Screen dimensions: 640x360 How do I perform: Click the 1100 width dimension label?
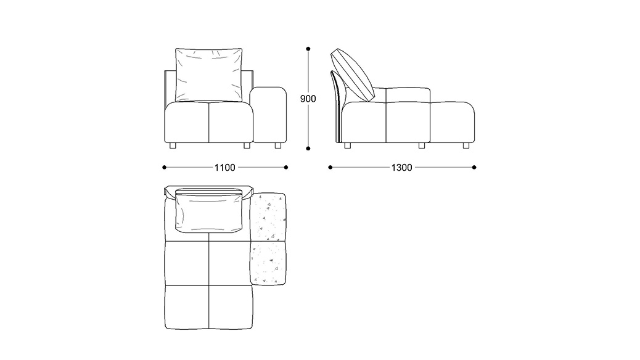point(225,167)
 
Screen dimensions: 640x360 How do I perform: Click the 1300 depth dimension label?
point(401,167)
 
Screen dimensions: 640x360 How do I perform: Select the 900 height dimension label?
point(308,99)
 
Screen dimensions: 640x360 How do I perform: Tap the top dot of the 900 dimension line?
point(308,49)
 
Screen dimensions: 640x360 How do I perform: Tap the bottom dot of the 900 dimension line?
point(308,149)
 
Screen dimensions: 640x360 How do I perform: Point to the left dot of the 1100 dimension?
point(164,167)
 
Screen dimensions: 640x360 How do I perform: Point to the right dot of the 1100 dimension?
point(285,167)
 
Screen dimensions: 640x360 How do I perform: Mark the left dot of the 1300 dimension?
point(330,167)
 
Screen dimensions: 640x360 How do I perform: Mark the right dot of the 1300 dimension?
point(474,167)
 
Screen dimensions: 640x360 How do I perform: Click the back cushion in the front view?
point(208,75)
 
